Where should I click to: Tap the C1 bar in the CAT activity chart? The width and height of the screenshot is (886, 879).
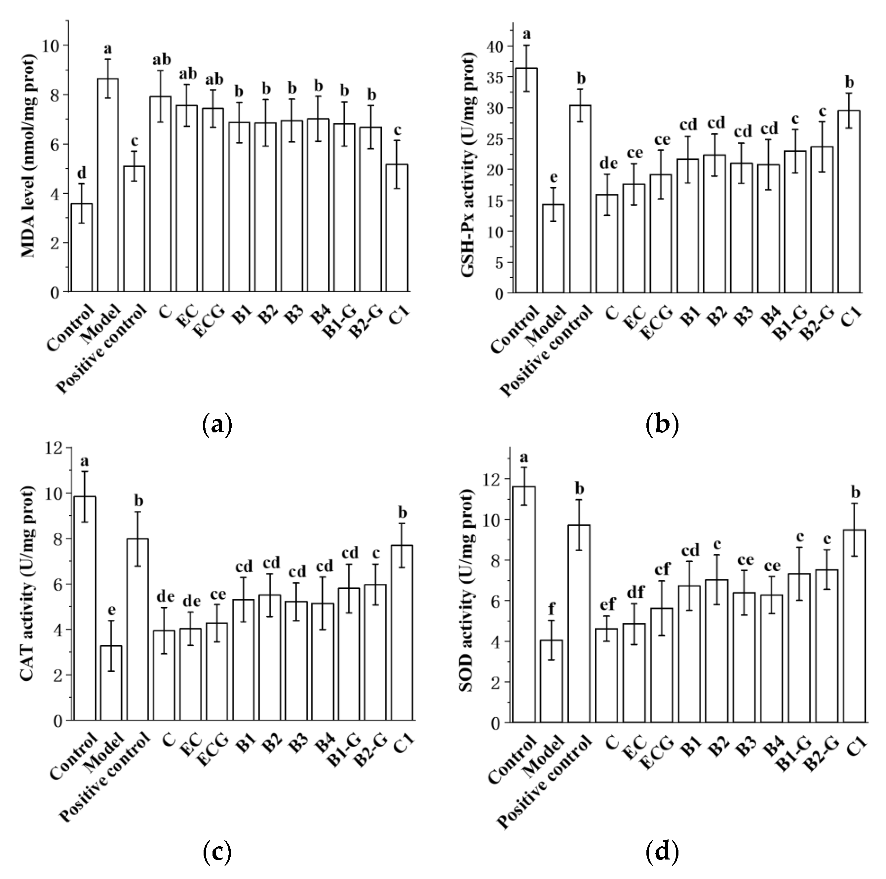[402, 633]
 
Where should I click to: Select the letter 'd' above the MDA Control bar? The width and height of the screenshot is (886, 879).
[82, 173]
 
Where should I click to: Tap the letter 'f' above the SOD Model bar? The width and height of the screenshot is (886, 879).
[551, 609]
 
